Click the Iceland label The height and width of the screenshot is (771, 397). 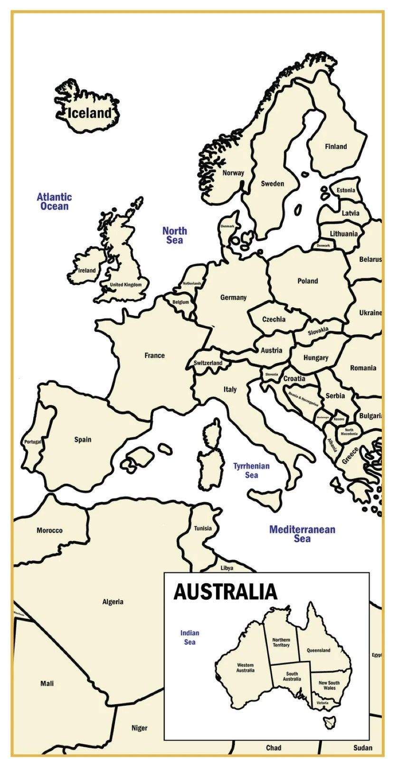tap(89, 113)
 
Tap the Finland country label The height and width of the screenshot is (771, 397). tap(336, 147)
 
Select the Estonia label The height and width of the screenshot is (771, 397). tap(346, 191)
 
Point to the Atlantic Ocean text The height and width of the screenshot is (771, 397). tap(54, 202)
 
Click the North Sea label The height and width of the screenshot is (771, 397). tap(175, 236)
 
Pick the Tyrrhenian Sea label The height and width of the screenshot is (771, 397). tap(251, 471)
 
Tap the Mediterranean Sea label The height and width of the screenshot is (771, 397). tap(302, 534)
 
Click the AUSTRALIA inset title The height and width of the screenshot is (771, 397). tap(225, 592)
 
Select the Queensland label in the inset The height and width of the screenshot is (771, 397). tap(318, 651)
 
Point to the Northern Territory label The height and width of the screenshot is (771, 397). tap(281, 642)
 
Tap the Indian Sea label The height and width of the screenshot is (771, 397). tap(189, 638)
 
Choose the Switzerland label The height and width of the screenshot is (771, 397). tap(208, 363)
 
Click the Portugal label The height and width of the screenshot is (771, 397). tap(33, 442)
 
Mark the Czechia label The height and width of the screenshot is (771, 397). tap(274, 320)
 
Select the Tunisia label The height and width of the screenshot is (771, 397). tap(203, 529)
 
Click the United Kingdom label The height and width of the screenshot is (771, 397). tap(126, 285)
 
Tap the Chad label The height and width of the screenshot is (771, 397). tap(274, 748)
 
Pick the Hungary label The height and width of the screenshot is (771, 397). tap(316, 358)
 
